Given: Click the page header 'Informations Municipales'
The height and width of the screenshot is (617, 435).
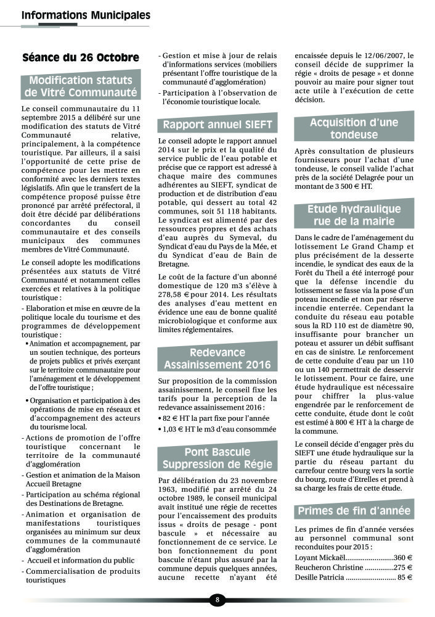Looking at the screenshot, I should coord(85,15).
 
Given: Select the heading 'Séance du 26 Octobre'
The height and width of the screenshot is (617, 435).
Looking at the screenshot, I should coord(81,58).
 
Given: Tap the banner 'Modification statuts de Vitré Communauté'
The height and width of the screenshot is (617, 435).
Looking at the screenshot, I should coord(81,87).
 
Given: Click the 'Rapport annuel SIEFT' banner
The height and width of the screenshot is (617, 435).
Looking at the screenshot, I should coord(217,125).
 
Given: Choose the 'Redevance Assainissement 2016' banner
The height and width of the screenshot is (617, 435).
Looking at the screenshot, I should coord(217,358).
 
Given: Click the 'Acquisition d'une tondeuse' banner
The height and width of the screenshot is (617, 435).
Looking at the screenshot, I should coord(354,128).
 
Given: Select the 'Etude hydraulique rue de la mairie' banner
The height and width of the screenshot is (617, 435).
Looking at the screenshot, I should coord(354,215).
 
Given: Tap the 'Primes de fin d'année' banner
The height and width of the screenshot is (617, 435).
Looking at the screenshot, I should coord(354,510).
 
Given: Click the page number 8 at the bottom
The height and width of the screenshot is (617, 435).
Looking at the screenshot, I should coord(218,599).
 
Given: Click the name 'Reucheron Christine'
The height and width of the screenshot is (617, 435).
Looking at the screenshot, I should coord(328,567).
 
